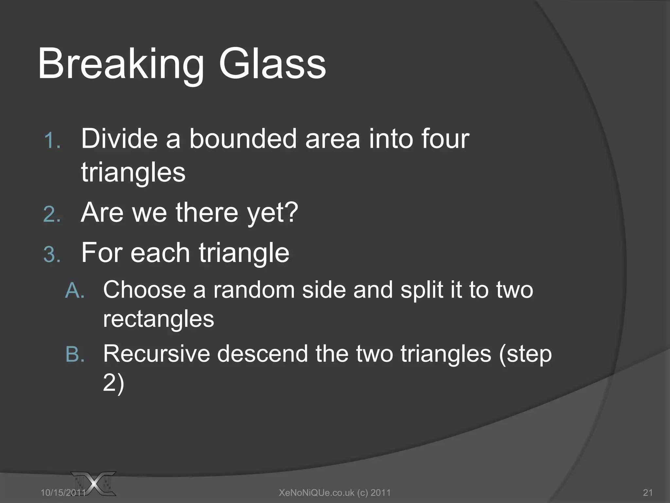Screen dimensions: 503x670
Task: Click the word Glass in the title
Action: click(x=272, y=64)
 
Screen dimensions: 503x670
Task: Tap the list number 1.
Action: click(x=52, y=141)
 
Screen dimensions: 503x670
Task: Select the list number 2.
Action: click(x=52, y=215)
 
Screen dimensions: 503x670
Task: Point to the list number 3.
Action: click(x=52, y=254)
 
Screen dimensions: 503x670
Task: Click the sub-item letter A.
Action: click(x=75, y=291)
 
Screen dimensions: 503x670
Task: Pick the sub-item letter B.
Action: click(x=75, y=354)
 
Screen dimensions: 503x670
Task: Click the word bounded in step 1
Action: click(x=242, y=139)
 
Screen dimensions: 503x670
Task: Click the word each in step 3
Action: click(x=160, y=253)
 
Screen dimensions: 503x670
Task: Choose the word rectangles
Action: click(x=158, y=319)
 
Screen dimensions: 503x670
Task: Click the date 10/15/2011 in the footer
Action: click(x=63, y=493)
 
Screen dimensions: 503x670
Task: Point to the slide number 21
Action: click(x=648, y=493)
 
